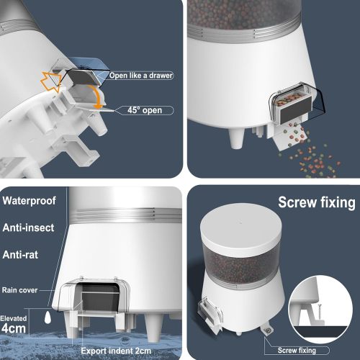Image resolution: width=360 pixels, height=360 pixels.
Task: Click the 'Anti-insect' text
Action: click(x=33, y=230)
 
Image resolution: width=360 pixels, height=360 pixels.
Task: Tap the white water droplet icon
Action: click(x=45, y=316)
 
